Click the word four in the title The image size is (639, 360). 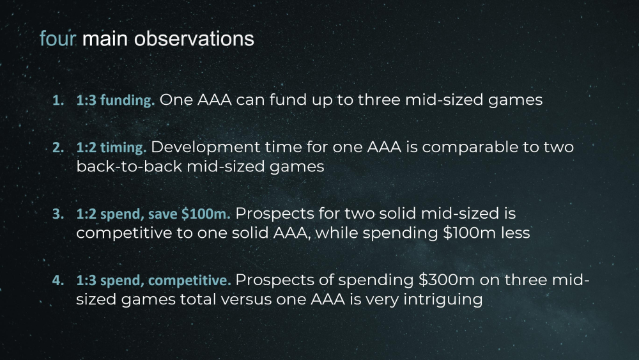pos(58,39)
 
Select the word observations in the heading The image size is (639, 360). pos(194,39)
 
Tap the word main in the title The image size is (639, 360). pos(105,39)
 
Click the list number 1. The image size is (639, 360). pos(58,100)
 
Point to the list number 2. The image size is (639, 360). pos(58,148)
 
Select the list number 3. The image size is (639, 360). pos(58,214)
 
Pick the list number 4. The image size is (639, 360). pos(58,281)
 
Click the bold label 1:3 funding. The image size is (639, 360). pos(116,100)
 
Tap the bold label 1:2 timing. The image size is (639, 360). pos(111,148)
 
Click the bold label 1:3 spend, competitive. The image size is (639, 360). pos(153,281)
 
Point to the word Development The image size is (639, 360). pos(206,148)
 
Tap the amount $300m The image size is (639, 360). pos(447,280)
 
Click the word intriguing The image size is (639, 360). pos(443,300)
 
